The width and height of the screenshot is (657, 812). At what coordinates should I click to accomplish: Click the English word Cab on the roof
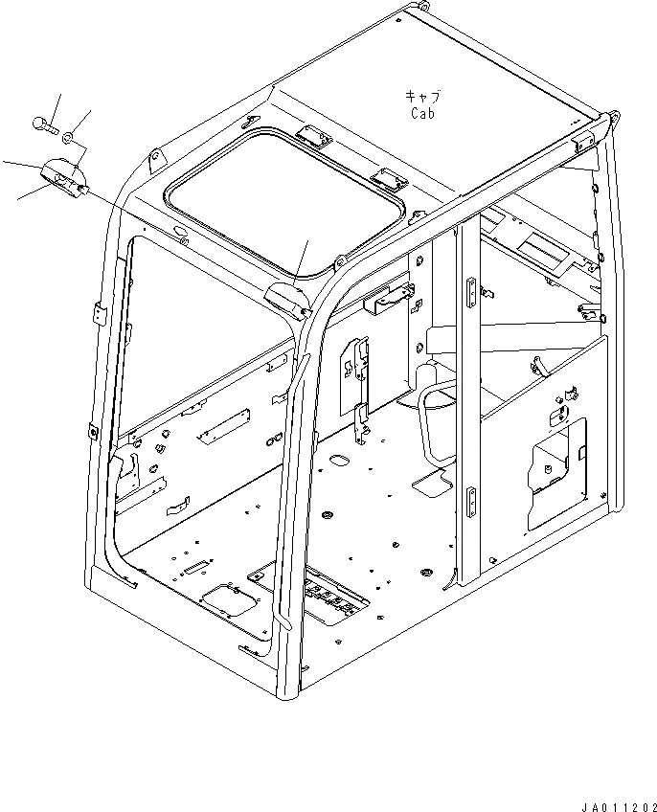click(x=423, y=113)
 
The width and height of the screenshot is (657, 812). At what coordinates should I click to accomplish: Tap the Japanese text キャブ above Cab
click(x=422, y=97)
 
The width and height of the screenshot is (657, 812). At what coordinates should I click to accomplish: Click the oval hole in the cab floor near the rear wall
click(x=337, y=462)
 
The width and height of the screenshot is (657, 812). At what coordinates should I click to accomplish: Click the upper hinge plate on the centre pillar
click(x=469, y=292)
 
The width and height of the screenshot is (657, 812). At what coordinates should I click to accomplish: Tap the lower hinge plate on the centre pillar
click(x=471, y=501)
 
